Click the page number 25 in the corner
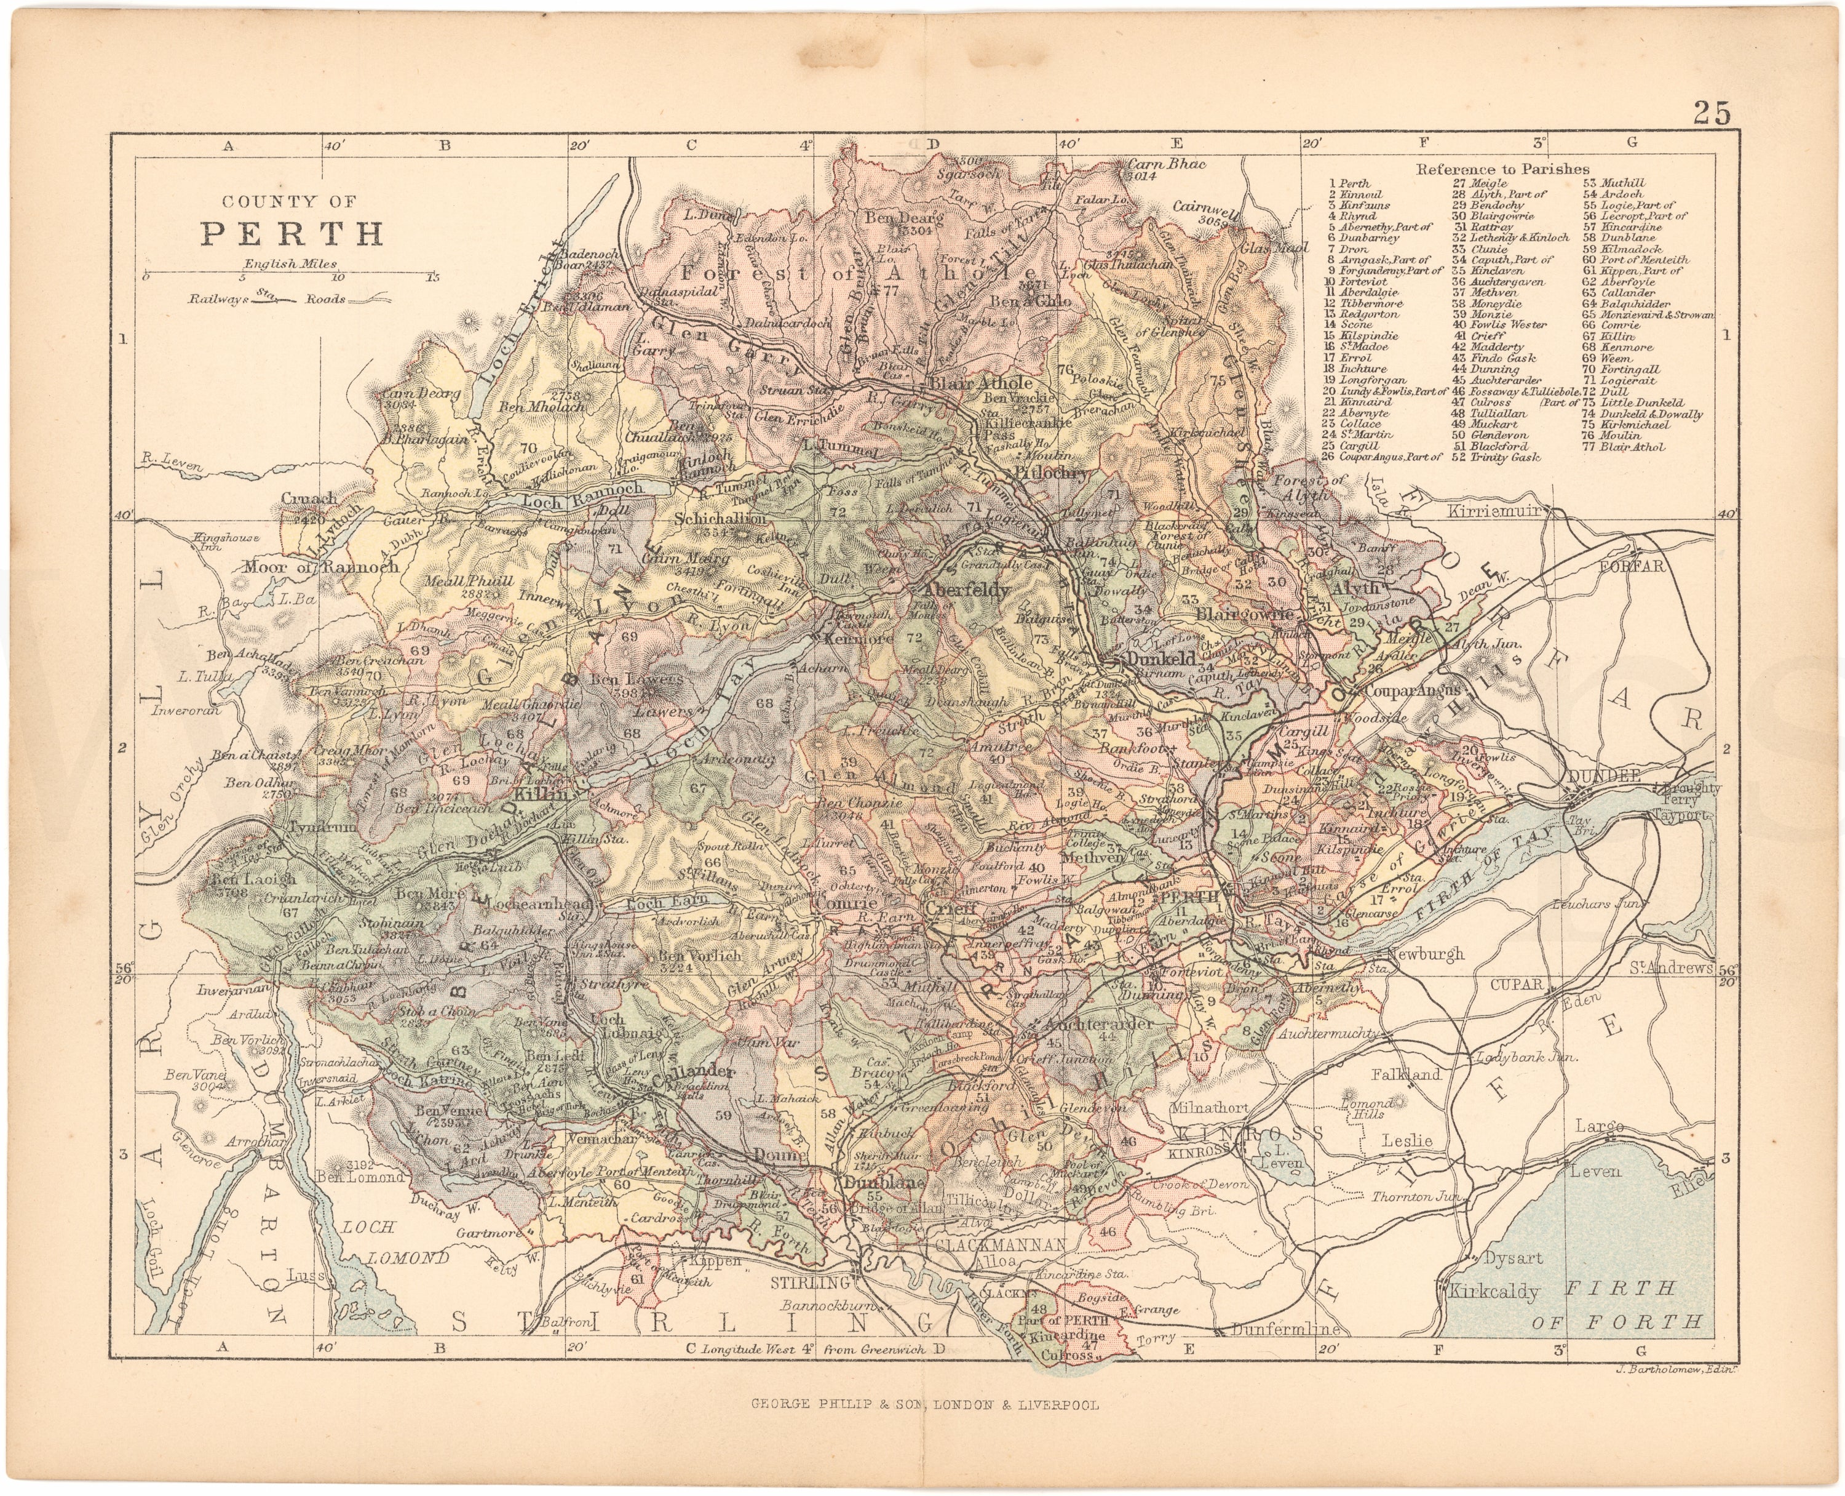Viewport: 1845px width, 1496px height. (1711, 112)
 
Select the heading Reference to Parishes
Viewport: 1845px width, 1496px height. (1503, 169)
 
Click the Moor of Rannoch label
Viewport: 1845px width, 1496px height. (321, 566)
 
